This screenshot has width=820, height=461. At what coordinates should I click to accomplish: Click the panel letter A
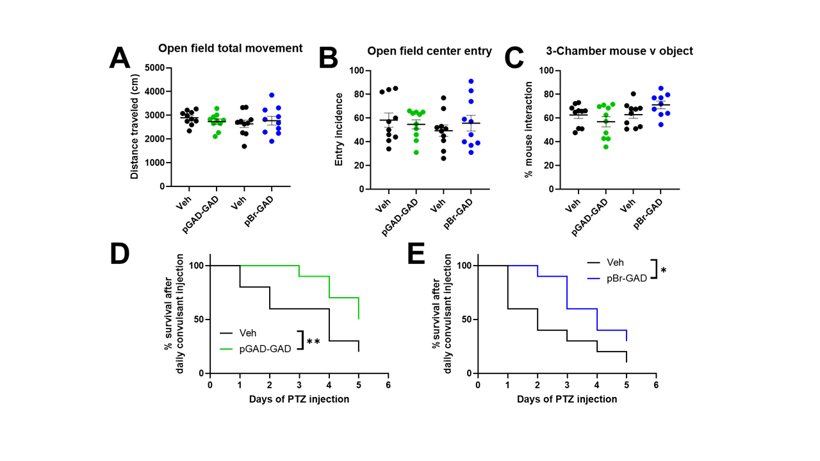[120, 58]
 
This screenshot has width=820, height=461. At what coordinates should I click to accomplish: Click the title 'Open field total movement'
[230, 48]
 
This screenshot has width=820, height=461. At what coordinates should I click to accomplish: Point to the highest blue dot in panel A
[272, 95]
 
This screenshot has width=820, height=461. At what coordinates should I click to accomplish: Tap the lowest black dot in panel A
[243, 146]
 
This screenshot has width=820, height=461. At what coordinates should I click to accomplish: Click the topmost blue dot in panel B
[471, 81]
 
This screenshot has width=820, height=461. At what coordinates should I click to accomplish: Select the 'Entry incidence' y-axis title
[340, 129]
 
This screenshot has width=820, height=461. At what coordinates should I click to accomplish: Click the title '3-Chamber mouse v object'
[619, 51]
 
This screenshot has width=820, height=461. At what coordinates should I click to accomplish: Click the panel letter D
[119, 253]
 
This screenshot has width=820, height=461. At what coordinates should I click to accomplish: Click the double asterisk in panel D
[313, 342]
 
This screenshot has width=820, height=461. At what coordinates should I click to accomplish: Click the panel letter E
[416, 253]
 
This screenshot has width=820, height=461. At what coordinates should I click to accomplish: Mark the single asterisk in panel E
[664, 271]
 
